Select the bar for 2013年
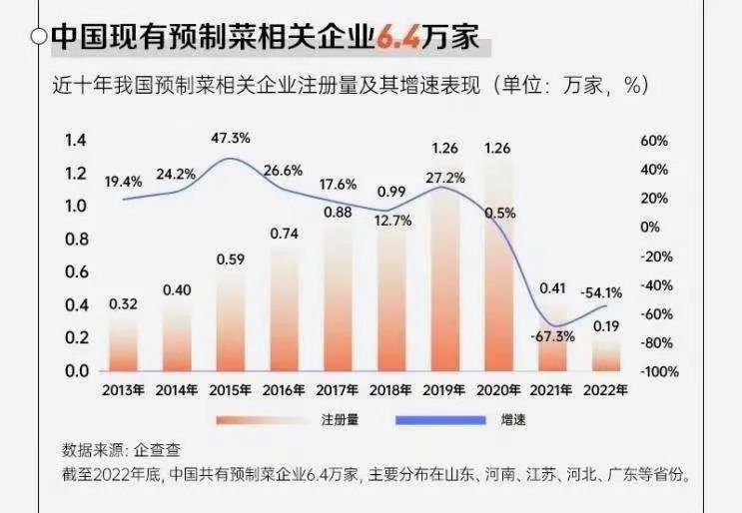124,345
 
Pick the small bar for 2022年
605,355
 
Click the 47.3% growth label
231,138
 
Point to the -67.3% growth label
553,336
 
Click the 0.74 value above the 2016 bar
284,234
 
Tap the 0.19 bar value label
605,325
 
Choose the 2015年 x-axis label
231,390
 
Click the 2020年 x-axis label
498,390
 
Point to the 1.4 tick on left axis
76,141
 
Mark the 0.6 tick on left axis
76,272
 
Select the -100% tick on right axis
657,371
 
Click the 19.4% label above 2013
124,182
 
